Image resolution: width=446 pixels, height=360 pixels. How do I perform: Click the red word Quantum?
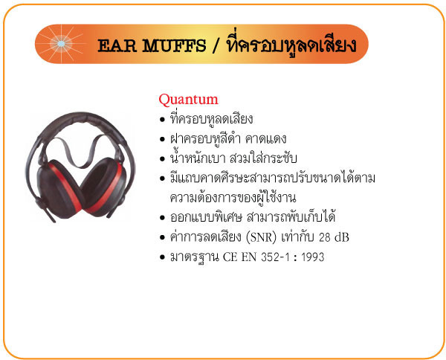click(188, 100)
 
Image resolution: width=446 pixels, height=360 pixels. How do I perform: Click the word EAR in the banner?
click(117, 45)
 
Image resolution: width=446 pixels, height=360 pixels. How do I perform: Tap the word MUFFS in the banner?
click(174, 45)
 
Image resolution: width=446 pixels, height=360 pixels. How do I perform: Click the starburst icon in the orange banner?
click(61, 44)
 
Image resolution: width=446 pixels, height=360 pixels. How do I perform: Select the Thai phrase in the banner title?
click(291, 45)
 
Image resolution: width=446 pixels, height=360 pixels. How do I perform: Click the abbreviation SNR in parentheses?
click(262, 237)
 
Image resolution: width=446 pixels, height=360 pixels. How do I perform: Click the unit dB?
click(342, 237)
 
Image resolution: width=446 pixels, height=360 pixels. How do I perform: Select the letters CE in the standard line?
click(230, 257)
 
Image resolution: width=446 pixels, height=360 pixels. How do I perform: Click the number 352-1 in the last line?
click(275, 257)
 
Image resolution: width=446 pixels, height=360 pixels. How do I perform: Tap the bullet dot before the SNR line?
click(162, 237)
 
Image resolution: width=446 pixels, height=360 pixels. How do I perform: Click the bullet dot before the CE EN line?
click(162, 257)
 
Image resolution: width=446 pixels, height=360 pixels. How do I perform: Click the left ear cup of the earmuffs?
click(58, 189)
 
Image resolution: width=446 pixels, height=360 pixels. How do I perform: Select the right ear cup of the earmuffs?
click(104, 187)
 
